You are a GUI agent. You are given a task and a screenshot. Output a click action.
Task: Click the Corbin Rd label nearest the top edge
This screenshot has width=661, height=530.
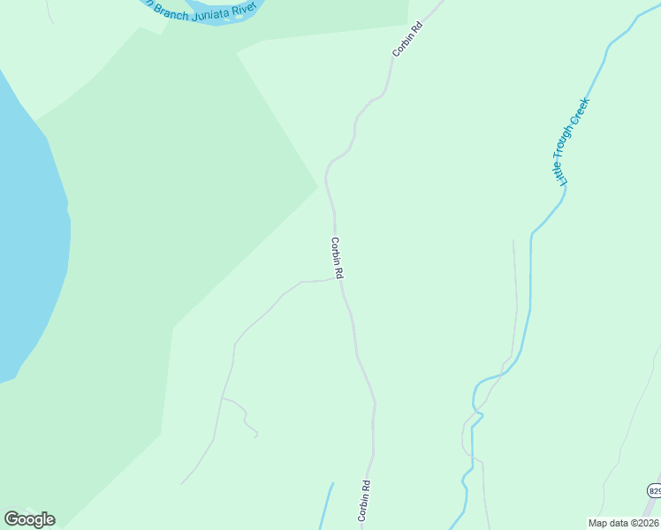407,34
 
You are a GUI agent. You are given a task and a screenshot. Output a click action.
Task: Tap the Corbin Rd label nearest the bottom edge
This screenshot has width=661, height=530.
363,499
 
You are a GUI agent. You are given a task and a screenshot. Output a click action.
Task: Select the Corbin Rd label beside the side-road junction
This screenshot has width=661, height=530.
337,258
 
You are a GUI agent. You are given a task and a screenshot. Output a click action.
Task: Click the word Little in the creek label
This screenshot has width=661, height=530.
561,170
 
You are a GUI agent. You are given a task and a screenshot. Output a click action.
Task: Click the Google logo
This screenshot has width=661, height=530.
29,519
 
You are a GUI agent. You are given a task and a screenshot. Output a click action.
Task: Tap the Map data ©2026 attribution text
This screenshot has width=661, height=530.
623,523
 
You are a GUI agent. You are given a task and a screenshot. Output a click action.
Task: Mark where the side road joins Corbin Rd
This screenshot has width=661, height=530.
339,279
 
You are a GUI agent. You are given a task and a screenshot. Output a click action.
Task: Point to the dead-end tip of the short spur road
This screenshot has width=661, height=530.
256,435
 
